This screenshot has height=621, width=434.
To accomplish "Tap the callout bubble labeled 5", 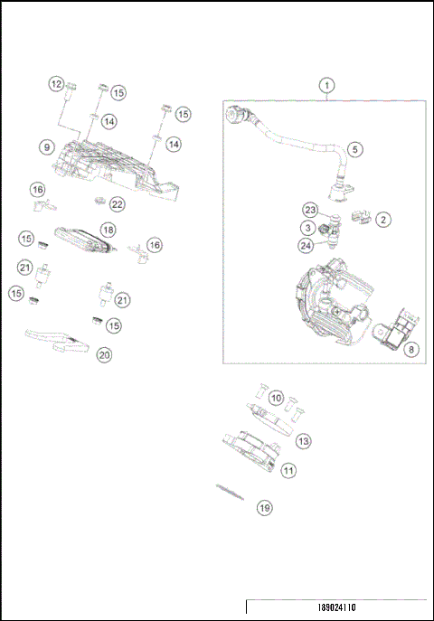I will pos(355,148).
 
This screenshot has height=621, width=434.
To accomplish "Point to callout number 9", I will pos(44,146).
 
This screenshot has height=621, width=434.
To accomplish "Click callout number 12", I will pos(56,84).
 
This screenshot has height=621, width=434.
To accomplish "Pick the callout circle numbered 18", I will pos(107,230).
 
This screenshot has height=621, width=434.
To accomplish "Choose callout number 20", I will pos(104,355).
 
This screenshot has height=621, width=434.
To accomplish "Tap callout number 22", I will pos(117,204).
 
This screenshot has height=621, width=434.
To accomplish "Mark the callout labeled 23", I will pos(309,209).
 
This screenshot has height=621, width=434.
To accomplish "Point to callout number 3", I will pos(308,227).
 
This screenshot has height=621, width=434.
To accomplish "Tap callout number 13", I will pos(304,440).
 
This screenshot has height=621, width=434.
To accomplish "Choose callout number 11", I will pos(288,470).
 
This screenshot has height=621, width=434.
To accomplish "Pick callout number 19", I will pos(264,509).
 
